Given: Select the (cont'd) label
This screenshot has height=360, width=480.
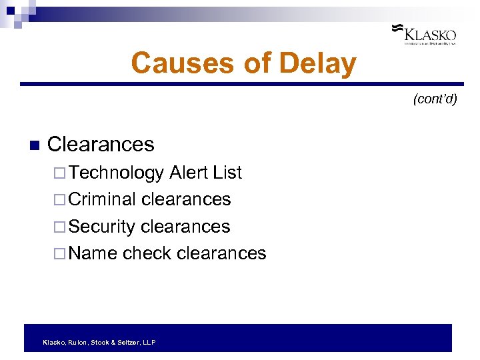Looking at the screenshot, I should click(435, 99).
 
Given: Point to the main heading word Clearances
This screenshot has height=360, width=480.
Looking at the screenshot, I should click(101, 144).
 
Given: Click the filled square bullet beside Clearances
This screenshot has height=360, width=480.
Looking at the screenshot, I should click(35, 145).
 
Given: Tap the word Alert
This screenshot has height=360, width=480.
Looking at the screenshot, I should click(189, 173).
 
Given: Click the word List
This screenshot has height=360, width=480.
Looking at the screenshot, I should click(227, 173).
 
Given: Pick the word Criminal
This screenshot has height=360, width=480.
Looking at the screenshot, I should click(102, 199).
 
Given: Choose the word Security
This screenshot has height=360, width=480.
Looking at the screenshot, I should click(102, 227).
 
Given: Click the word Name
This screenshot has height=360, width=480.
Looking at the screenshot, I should click(93, 253).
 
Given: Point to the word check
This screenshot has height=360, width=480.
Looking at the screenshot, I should click(147, 253).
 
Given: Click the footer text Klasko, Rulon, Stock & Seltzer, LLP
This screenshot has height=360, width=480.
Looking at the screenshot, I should click(99, 342).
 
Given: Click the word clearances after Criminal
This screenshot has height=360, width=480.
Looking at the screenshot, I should click(186, 199).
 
